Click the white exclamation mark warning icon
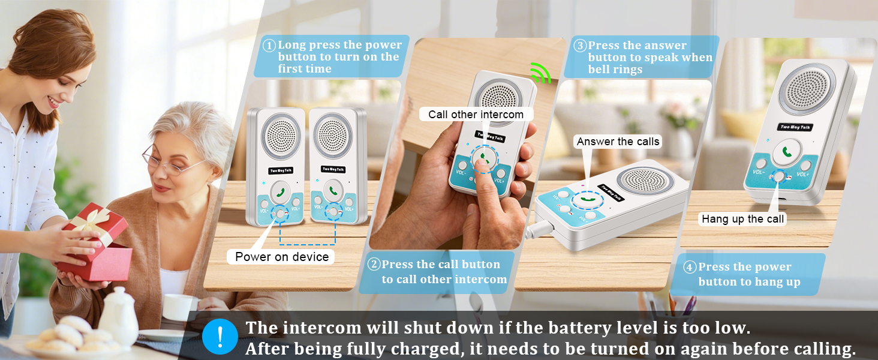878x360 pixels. click(x=220, y=337)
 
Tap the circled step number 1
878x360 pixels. click(x=270, y=46)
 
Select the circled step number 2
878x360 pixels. click(x=374, y=265)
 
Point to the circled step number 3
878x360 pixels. click(x=579, y=46)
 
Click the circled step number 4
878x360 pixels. click(x=690, y=267)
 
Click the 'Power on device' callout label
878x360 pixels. click(x=282, y=257)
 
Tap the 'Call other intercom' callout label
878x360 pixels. click(x=476, y=115)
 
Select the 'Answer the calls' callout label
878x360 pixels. click(x=618, y=142)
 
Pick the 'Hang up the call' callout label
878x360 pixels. click(x=742, y=219)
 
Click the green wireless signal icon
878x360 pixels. click(x=540, y=73)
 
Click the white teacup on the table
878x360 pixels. click(x=179, y=307)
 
